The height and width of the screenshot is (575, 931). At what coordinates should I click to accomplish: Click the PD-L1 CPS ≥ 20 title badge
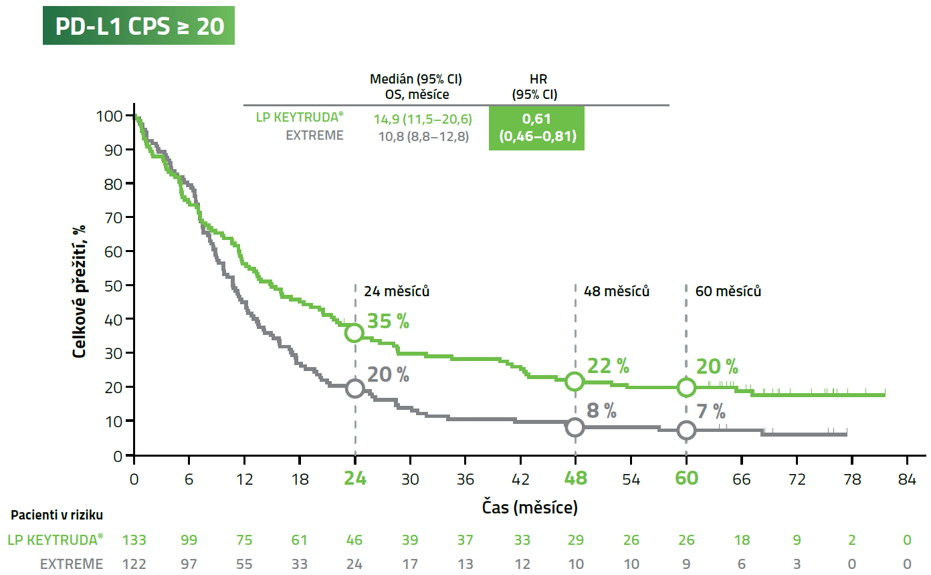(x=138, y=25)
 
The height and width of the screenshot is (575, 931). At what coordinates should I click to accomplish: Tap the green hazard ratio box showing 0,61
(x=536, y=128)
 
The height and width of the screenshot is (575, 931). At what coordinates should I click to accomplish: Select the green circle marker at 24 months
(x=354, y=332)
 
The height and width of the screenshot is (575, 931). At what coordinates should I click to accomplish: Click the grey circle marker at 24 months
(x=354, y=388)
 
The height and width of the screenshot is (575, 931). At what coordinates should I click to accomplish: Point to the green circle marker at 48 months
(x=575, y=381)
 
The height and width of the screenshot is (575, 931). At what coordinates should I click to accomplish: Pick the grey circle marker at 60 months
(x=686, y=430)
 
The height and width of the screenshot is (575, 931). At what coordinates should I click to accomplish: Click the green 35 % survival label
(x=387, y=322)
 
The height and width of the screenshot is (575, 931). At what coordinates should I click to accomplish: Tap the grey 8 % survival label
(x=601, y=411)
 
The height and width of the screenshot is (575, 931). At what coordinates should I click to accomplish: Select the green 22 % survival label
(x=607, y=366)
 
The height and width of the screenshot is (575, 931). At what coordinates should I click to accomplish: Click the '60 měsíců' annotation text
(x=728, y=292)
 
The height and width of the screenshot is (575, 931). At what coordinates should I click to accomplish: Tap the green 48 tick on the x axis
(x=575, y=479)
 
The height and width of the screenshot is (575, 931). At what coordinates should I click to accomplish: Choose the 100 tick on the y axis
(x=110, y=116)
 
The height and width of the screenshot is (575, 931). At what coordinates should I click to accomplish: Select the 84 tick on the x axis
(x=907, y=479)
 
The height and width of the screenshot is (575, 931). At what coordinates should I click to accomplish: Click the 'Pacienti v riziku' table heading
(x=57, y=515)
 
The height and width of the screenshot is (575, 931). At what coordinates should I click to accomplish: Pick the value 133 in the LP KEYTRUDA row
(x=134, y=540)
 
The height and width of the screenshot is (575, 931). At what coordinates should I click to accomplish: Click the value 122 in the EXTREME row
(x=134, y=564)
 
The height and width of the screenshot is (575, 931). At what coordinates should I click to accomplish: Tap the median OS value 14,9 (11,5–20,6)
(x=422, y=120)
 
